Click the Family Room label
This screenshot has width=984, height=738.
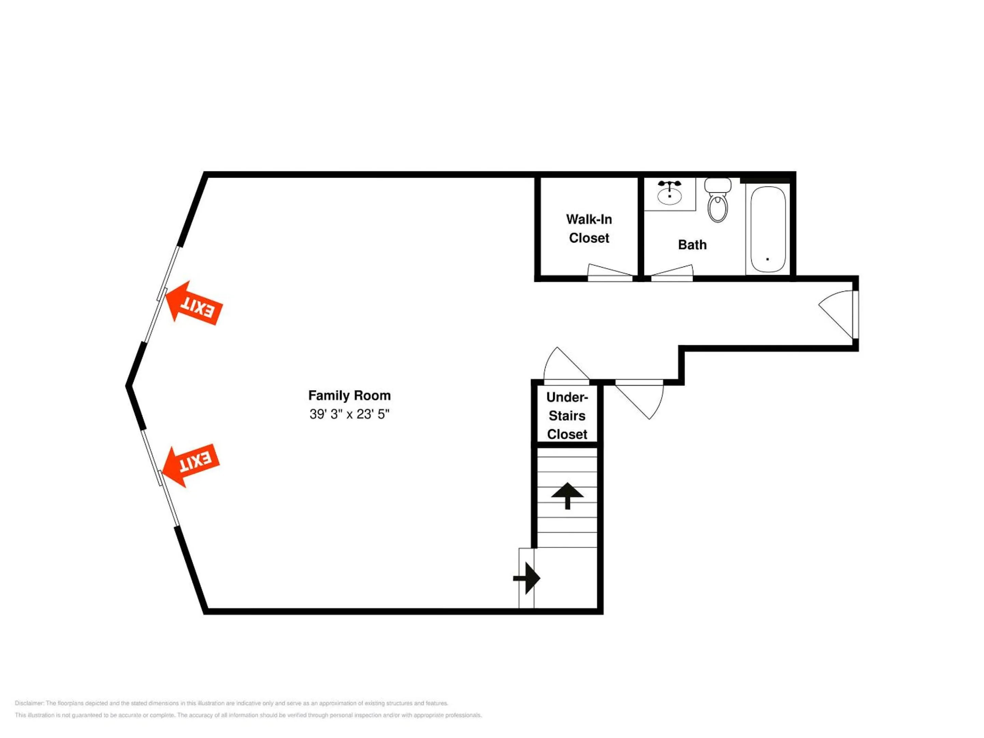[349, 395]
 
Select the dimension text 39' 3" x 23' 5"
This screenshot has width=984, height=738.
[349, 414]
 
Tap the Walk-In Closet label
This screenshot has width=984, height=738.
[589, 229]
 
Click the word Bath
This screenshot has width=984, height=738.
[692, 245]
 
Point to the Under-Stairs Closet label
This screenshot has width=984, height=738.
[567, 415]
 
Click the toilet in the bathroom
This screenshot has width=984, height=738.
[717, 200]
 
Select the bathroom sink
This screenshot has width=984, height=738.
[669, 195]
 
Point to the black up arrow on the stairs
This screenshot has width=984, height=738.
[567, 495]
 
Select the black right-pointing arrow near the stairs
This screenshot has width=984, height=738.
[527, 578]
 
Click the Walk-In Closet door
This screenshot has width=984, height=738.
[610, 273]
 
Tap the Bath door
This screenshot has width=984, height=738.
[672, 273]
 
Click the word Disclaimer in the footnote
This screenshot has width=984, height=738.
[29, 703]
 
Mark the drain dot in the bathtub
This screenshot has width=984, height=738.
[768, 259]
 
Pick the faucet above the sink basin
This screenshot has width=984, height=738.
[669, 184]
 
